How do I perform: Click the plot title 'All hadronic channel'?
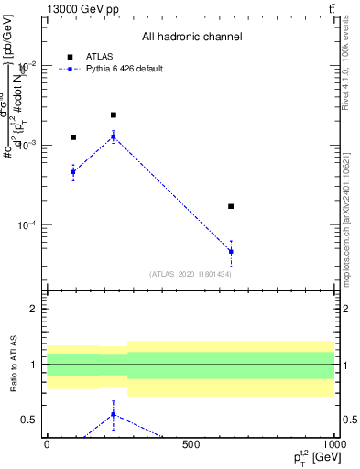[191, 38]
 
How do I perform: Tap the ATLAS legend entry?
[92, 56]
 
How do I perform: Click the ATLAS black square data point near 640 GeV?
[231, 206]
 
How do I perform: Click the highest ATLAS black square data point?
[113, 115]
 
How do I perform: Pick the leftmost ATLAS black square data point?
[73, 137]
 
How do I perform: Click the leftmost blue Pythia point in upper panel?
[73, 171]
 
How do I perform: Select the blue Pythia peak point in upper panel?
[113, 136]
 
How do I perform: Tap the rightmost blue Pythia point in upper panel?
[231, 251]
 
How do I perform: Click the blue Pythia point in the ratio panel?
[113, 414]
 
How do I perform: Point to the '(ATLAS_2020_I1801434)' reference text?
[190, 274]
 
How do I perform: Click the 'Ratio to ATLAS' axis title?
[14, 365]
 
